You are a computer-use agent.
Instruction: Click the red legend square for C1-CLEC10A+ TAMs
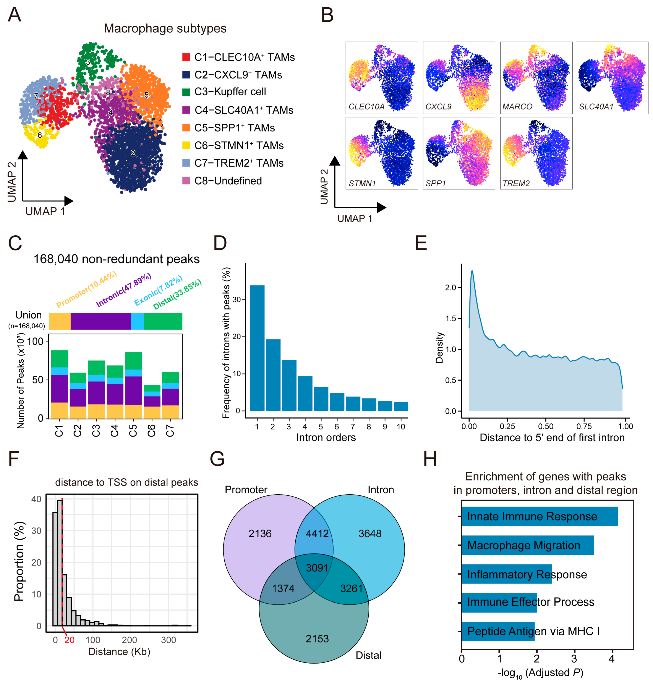186,57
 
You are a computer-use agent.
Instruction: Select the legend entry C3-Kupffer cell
230,92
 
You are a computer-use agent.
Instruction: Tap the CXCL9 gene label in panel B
438,107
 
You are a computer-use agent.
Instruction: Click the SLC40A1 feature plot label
596,107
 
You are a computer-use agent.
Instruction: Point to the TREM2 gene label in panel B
516,183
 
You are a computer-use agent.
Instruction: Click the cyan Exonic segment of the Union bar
138,321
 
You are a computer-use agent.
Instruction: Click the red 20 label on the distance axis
69,640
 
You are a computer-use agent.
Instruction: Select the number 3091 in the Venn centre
317,568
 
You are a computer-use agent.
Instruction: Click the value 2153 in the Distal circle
317,638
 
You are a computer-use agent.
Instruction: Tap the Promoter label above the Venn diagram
246,490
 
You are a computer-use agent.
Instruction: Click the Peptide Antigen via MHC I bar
498,631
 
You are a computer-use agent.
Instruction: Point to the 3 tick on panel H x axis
574,659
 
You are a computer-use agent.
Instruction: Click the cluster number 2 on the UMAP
133,153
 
